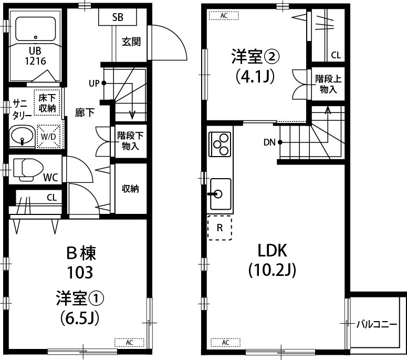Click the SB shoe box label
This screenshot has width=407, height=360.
[118, 17]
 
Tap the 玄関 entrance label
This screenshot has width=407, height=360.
[131, 42]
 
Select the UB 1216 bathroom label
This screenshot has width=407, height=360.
[36, 56]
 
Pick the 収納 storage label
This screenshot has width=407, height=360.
[130, 189]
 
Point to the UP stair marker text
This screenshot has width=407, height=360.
[94, 83]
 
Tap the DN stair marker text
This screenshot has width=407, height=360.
[269, 142]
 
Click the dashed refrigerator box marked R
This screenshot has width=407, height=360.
[220, 228]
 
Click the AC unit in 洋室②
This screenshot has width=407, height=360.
[224, 15]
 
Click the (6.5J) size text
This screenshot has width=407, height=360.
[80, 318]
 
